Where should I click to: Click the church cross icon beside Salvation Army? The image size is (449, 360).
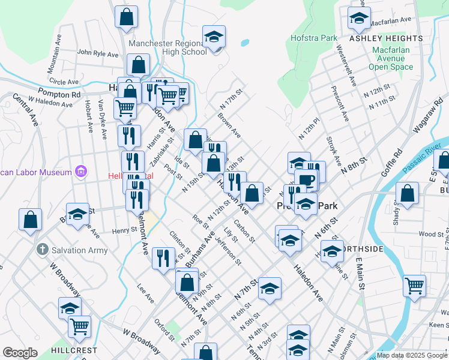[x=42, y=248]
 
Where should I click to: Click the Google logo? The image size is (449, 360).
[x=20, y=353]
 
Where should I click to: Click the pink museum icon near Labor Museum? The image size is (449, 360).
[x=80, y=173]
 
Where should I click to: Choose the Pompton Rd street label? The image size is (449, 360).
[x=59, y=94]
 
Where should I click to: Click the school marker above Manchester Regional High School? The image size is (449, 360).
[x=214, y=37]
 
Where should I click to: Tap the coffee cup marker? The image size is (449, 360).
[x=306, y=181]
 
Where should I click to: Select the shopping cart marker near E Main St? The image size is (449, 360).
[x=414, y=286]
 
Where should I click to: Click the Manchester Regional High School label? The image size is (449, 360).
[x=168, y=47]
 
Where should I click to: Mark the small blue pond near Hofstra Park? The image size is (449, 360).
[x=245, y=43]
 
